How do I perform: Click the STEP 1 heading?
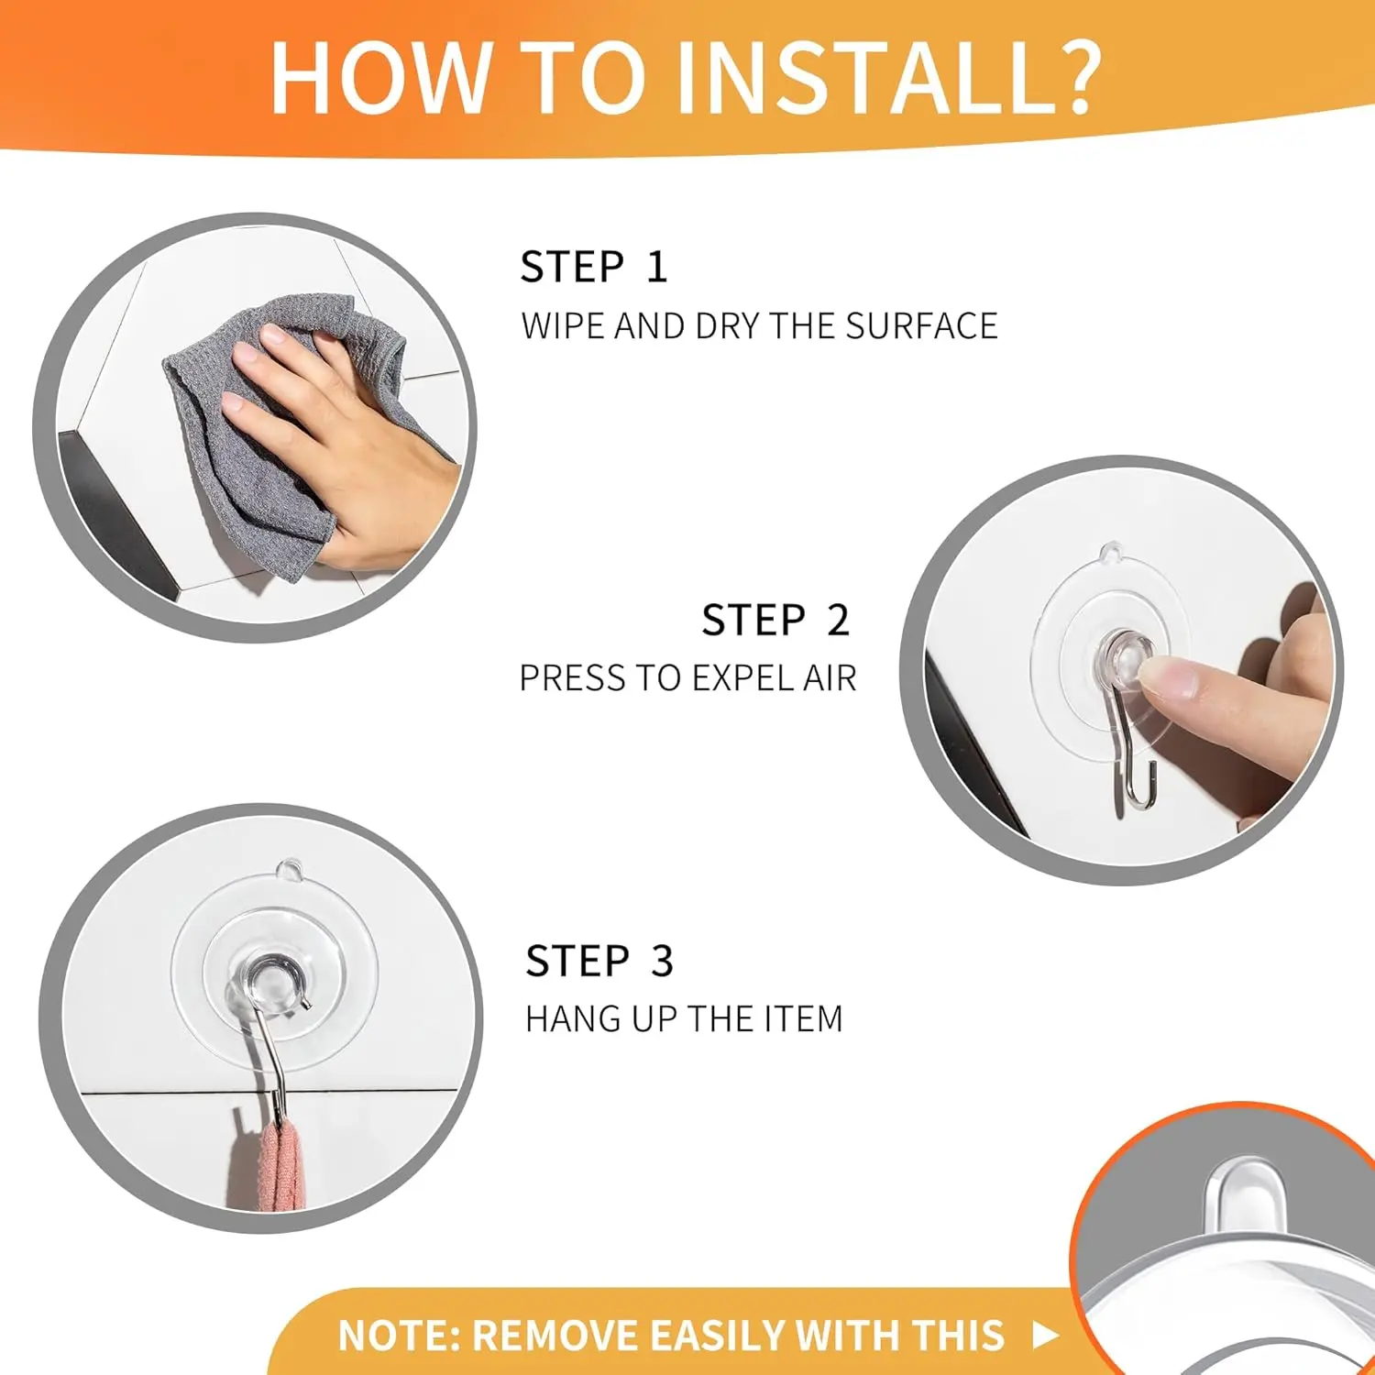click(x=594, y=267)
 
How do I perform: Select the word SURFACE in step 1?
click(x=921, y=326)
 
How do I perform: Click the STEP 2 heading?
click(x=775, y=621)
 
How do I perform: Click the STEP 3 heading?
click(x=599, y=962)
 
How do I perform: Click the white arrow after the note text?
click(x=1045, y=1335)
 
